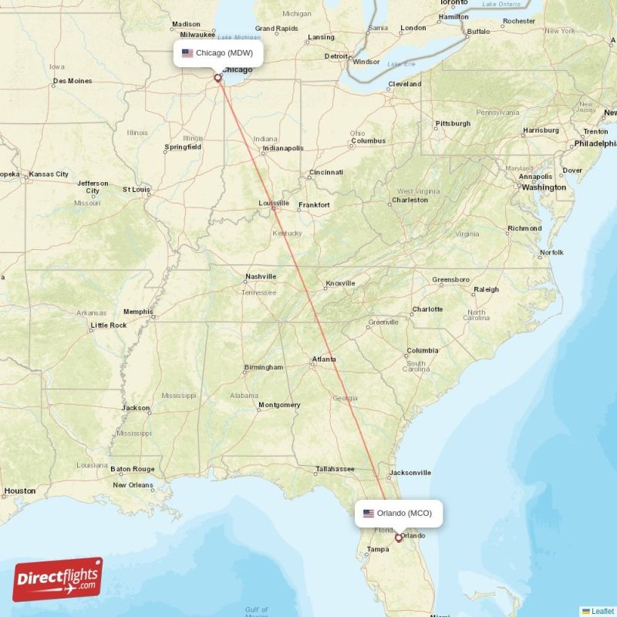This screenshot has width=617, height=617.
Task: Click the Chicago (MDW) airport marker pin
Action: click(218, 77)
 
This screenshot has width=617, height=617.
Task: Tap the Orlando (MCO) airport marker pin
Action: click(399, 538)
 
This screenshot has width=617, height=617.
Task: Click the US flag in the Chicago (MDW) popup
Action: click(187, 53)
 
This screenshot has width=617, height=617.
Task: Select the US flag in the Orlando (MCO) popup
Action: click(369, 513)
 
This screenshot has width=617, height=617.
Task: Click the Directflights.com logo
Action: click(58, 578)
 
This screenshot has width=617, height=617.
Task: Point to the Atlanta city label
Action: click(324, 359)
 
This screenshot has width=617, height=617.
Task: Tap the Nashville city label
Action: click(261, 276)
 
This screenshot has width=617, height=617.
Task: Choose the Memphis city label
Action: click(138, 312)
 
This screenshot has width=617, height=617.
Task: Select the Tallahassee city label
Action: click(335, 468)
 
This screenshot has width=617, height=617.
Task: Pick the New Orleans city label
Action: click(133, 485)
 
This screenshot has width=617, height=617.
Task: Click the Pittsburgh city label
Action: click(453, 123)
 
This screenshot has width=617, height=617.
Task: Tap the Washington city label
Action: click(544, 187)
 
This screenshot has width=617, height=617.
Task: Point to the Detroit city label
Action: click(336, 56)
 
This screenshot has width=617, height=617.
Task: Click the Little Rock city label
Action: click(108, 325)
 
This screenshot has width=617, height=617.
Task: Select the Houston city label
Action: click(19, 491)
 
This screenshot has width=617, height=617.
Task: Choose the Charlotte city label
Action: click(427, 309)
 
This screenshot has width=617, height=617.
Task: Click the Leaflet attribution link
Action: click(602, 611)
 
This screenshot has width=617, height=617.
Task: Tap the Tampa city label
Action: click(378, 549)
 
